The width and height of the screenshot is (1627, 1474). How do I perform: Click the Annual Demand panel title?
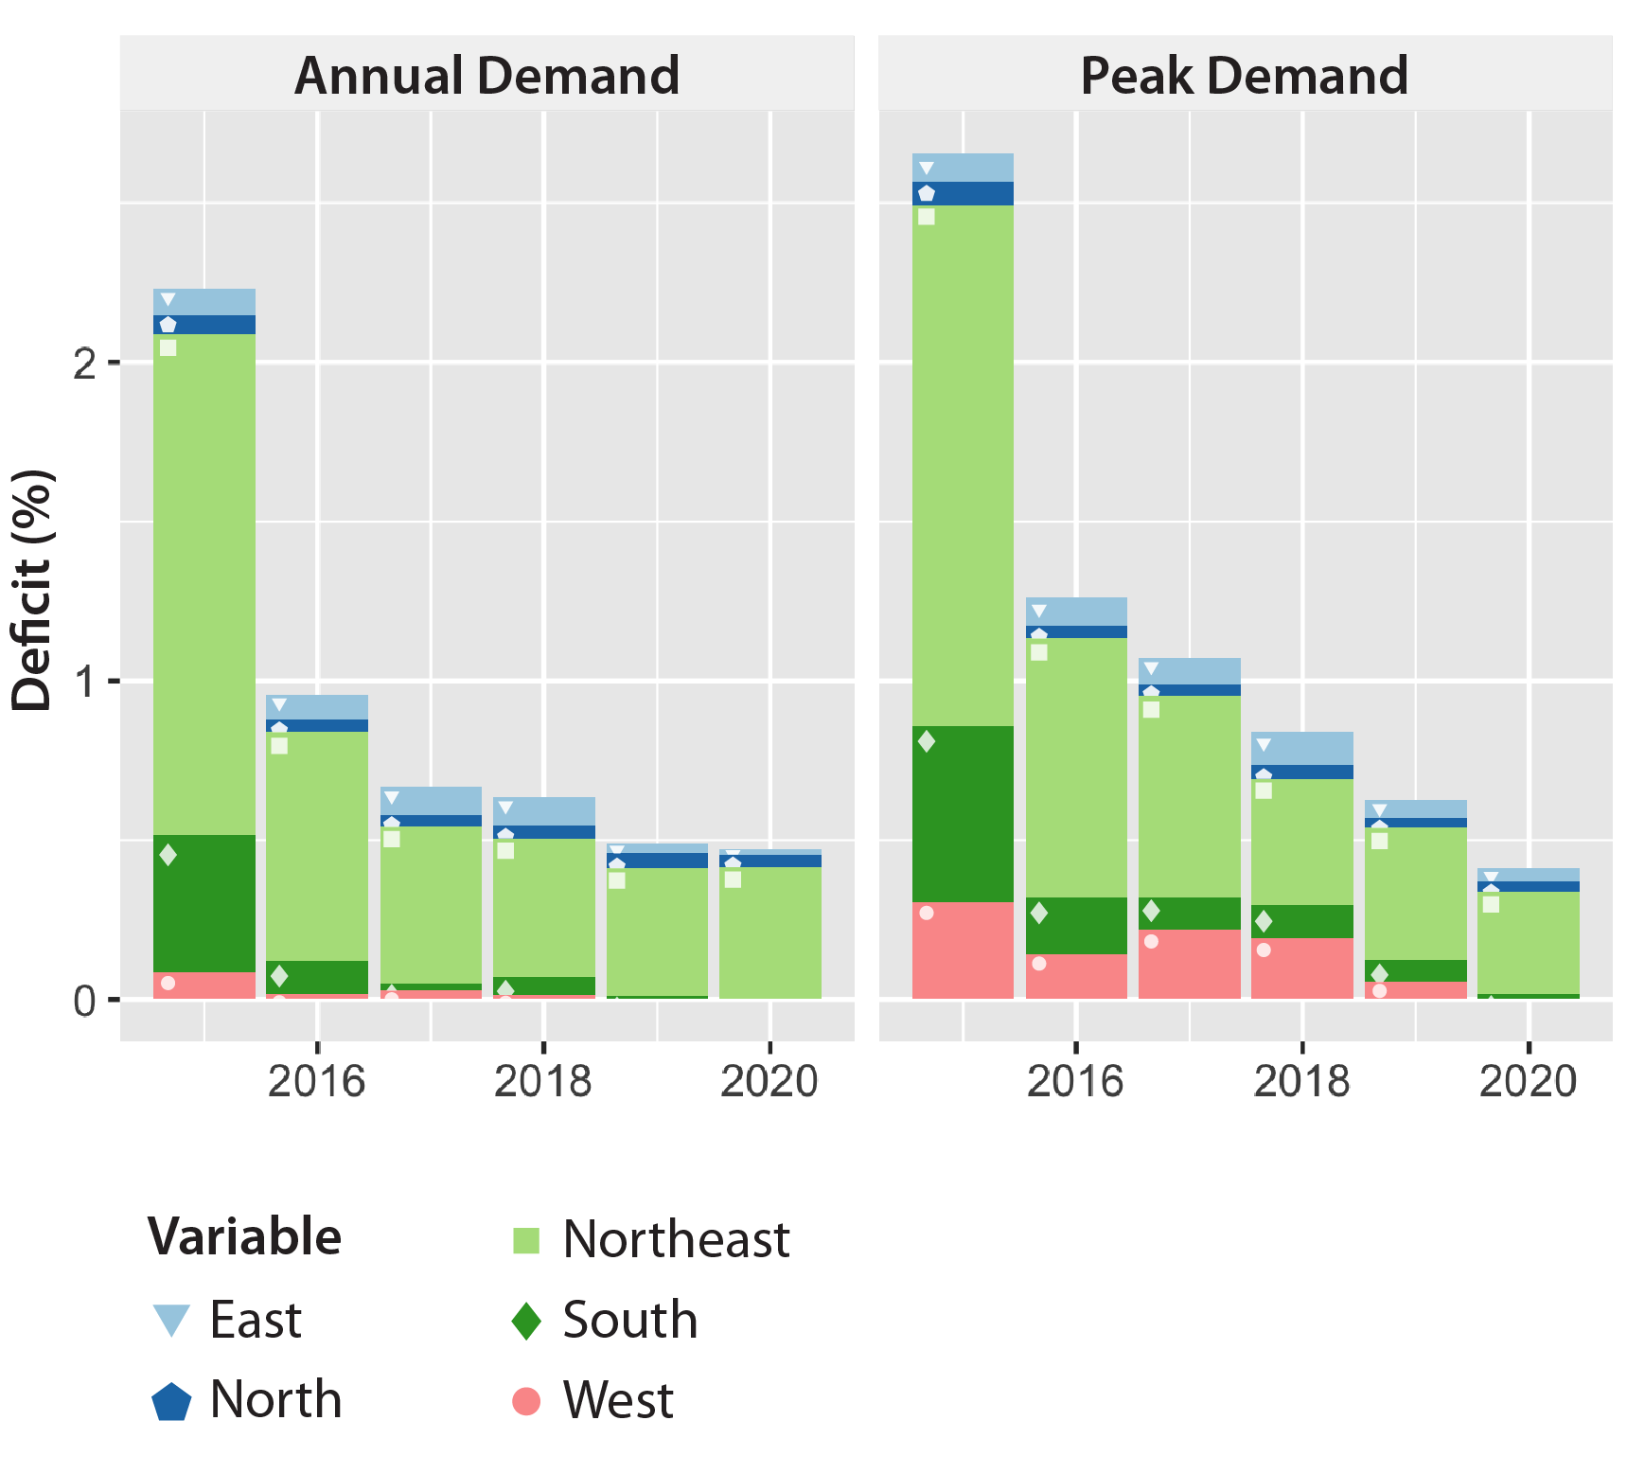tap(486, 76)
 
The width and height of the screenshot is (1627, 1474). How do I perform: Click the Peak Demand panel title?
tap(1244, 76)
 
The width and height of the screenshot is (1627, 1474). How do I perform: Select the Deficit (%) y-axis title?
tap(32, 589)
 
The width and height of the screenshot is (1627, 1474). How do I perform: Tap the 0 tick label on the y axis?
tap(85, 1001)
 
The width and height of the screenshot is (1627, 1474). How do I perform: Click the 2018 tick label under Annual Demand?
tap(542, 1080)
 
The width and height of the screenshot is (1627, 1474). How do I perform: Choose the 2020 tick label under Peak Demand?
tap(1528, 1080)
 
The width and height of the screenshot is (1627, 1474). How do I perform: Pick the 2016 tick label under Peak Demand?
tap(1075, 1080)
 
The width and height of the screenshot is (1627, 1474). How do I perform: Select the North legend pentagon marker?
tap(171, 1401)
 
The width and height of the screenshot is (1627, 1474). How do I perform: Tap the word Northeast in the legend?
tap(676, 1239)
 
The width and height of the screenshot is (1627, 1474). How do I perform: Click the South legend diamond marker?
tap(526, 1321)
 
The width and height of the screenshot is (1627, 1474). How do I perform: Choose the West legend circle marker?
tap(526, 1401)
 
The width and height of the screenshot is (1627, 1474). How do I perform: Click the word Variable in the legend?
tap(244, 1236)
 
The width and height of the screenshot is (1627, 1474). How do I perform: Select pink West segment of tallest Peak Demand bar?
tap(963, 950)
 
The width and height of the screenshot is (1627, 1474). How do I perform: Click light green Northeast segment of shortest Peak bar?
tap(1528, 943)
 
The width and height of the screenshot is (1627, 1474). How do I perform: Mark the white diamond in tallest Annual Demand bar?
tap(168, 855)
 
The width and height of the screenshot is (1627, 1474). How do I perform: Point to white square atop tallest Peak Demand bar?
tap(927, 217)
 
